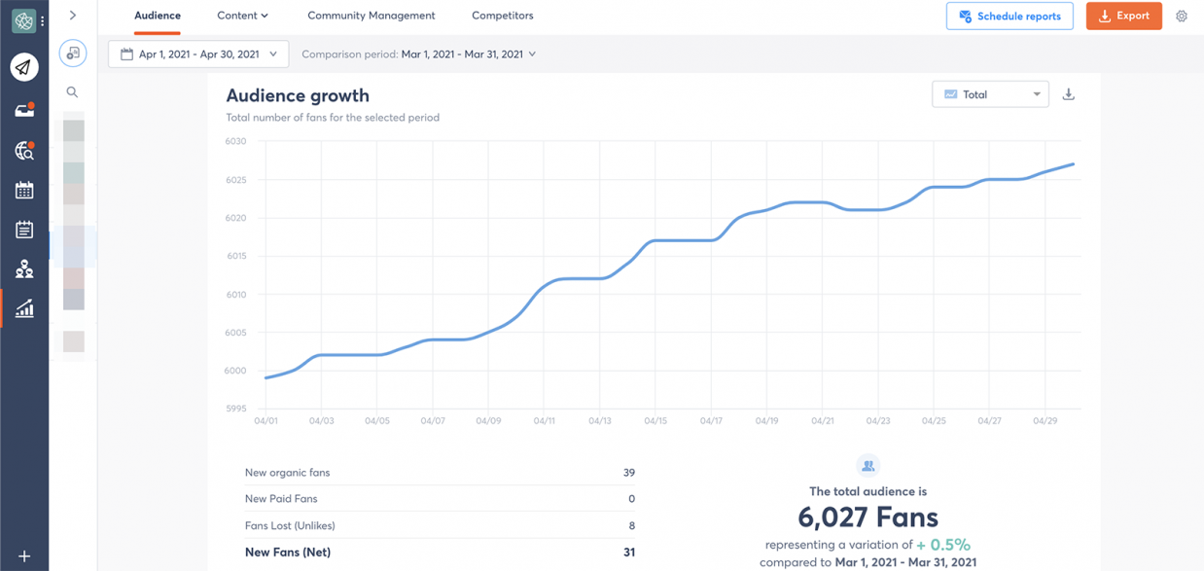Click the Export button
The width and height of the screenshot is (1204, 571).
tap(1123, 17)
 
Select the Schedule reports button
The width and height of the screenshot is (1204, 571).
tap(1009, 17)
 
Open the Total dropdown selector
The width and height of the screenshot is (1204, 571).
tap(990, 94)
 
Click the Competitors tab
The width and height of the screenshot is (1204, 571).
tap(502, 16)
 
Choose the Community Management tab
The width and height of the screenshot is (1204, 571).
tap(372, 16)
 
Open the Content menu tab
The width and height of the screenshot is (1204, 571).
tap(242, 16)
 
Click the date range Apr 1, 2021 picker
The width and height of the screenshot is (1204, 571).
tap(198, 54)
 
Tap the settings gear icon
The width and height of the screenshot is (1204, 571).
tap(1182, 17)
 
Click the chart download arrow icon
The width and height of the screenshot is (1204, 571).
tap(1068, 94)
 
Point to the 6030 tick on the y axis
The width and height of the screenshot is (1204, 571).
tap(236, 142)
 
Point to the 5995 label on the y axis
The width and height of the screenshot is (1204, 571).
tap(236, 409)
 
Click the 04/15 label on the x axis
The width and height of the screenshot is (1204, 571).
tap(655, 421)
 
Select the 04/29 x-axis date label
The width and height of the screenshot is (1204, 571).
tap(1045, 421)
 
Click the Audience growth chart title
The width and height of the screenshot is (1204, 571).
tap(298, 95)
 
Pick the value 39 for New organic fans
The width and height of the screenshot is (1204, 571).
tap(628, 473)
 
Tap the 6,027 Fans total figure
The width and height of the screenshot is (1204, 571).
tap(868, 517)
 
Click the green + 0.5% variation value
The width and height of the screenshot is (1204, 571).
tap(943, 545)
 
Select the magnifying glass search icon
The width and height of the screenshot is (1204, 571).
tap(72, 92)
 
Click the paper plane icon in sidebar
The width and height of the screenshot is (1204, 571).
tap(24, 67)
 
